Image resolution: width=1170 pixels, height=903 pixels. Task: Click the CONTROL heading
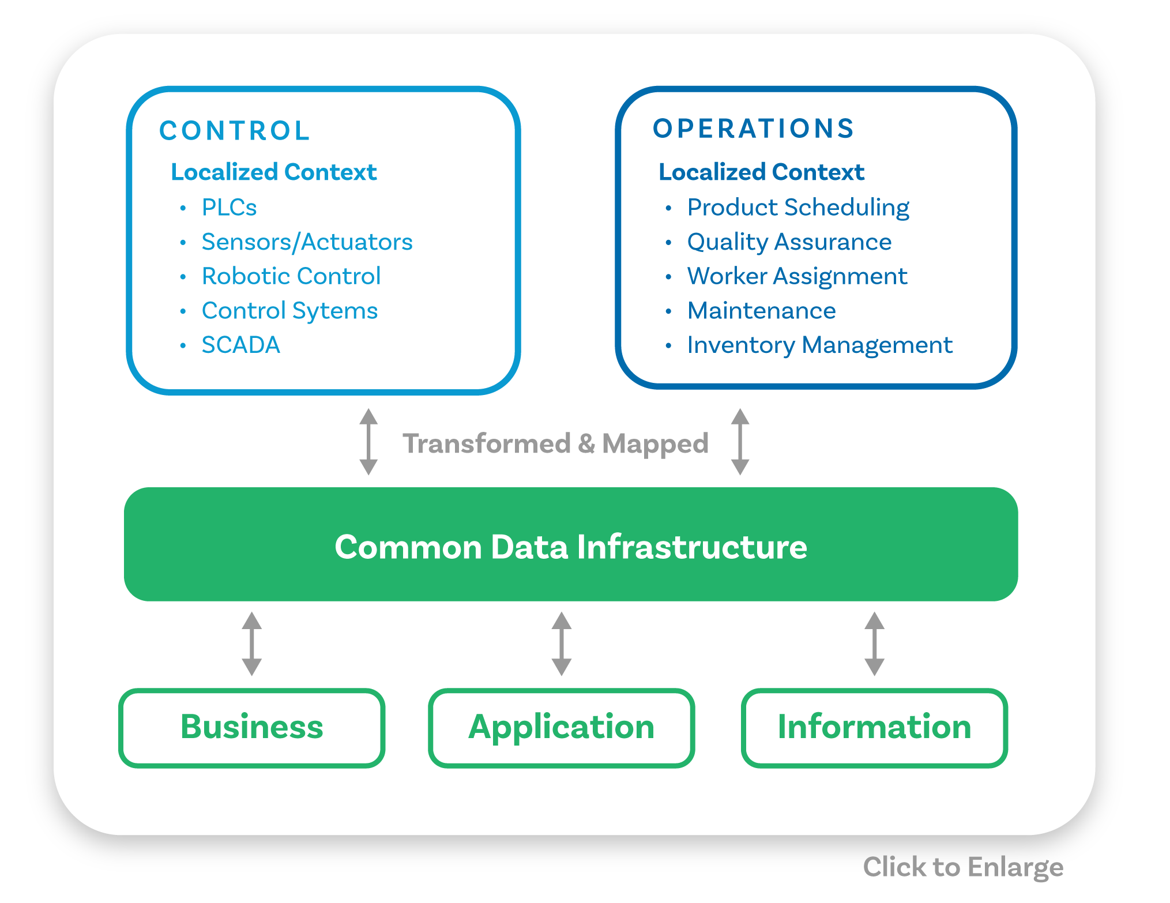pyautogui.click(x=235, y=131)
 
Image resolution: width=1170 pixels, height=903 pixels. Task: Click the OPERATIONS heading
pyautogui.click(x=753, y=129)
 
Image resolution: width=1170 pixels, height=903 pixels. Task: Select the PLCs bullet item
pyautogui.click(x=229, y=208)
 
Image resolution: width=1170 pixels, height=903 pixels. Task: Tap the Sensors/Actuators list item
pyautogui.click(x=307, y=242)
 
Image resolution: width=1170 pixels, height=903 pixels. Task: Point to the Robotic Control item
pyautogui.click(x=291, y=276)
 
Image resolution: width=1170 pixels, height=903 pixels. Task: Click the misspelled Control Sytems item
pyautogui.click(x=289, y=311)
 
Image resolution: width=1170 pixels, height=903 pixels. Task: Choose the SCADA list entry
pyautogui.click(x=240, y=345)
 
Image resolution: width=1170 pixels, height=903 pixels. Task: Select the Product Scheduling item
pyautogui.click(x=798, y=208)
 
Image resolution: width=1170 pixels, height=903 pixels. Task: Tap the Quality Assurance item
pyautogui.click(x=789, y=242)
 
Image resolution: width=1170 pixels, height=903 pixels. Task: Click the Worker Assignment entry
pyautogui.click(x=797, y=276)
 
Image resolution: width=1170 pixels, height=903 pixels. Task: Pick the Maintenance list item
pyautogui.click(x=761, y=311)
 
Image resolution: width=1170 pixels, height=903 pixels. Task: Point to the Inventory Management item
pyautogui.click(x=819, y=345)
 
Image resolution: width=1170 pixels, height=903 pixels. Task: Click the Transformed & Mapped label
pyautogui.click(x=555, y=443)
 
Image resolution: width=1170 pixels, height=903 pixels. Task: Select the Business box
pyautogui.click(x=252, y=727)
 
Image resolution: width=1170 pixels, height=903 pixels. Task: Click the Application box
pyautogui.click(x=561, y=727)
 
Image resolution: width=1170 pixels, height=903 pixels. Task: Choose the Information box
pyautogui.click(x=874, y=727)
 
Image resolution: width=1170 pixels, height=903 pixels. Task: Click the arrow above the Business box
pyautogui.click(x=252, y=644)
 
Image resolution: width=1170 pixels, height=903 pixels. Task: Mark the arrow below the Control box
pyautogui.click(x=368, y=442)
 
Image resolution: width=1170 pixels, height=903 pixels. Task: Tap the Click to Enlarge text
pyautogui.click(x=963, y=867)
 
